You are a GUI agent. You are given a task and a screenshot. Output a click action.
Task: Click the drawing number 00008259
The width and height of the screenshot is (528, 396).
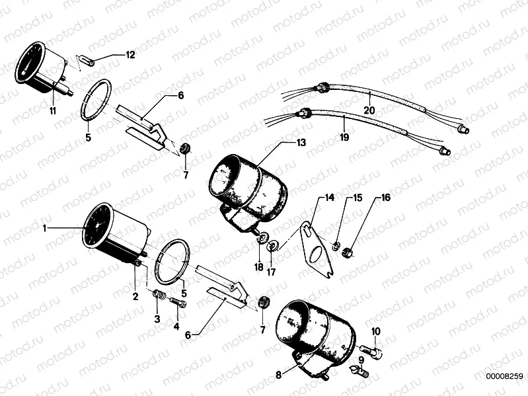pos(504,376)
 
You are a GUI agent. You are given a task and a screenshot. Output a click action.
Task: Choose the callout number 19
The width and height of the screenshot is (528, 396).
pos(343,138)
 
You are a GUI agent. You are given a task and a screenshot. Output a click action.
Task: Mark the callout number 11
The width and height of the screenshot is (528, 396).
pos(52,111)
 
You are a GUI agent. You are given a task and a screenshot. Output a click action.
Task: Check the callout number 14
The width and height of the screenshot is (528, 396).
pos(329,198)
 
